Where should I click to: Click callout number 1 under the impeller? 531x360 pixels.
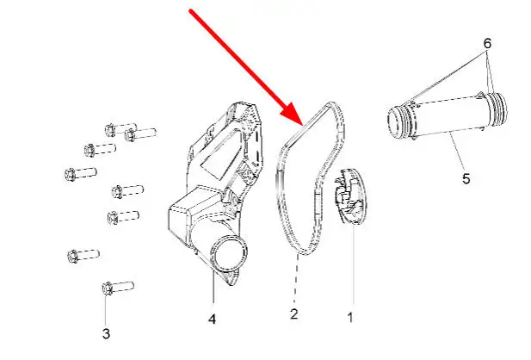(350, 317)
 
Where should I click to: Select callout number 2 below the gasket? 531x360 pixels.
(293, 315)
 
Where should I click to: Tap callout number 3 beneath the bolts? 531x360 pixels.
(106, 332)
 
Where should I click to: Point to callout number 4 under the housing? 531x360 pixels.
(212, 320)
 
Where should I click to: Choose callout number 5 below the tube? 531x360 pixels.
(466, 179)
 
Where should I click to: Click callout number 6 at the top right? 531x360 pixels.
(486, 42)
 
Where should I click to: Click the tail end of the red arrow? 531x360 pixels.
(190, 10)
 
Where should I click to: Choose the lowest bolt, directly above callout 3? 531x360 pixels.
(115, 286)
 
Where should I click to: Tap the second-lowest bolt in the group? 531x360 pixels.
(84, 255)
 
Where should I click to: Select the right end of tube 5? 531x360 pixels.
(497, 110)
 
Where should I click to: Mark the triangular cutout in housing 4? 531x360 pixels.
(210, 156)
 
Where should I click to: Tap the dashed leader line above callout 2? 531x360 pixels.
(295, 282)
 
